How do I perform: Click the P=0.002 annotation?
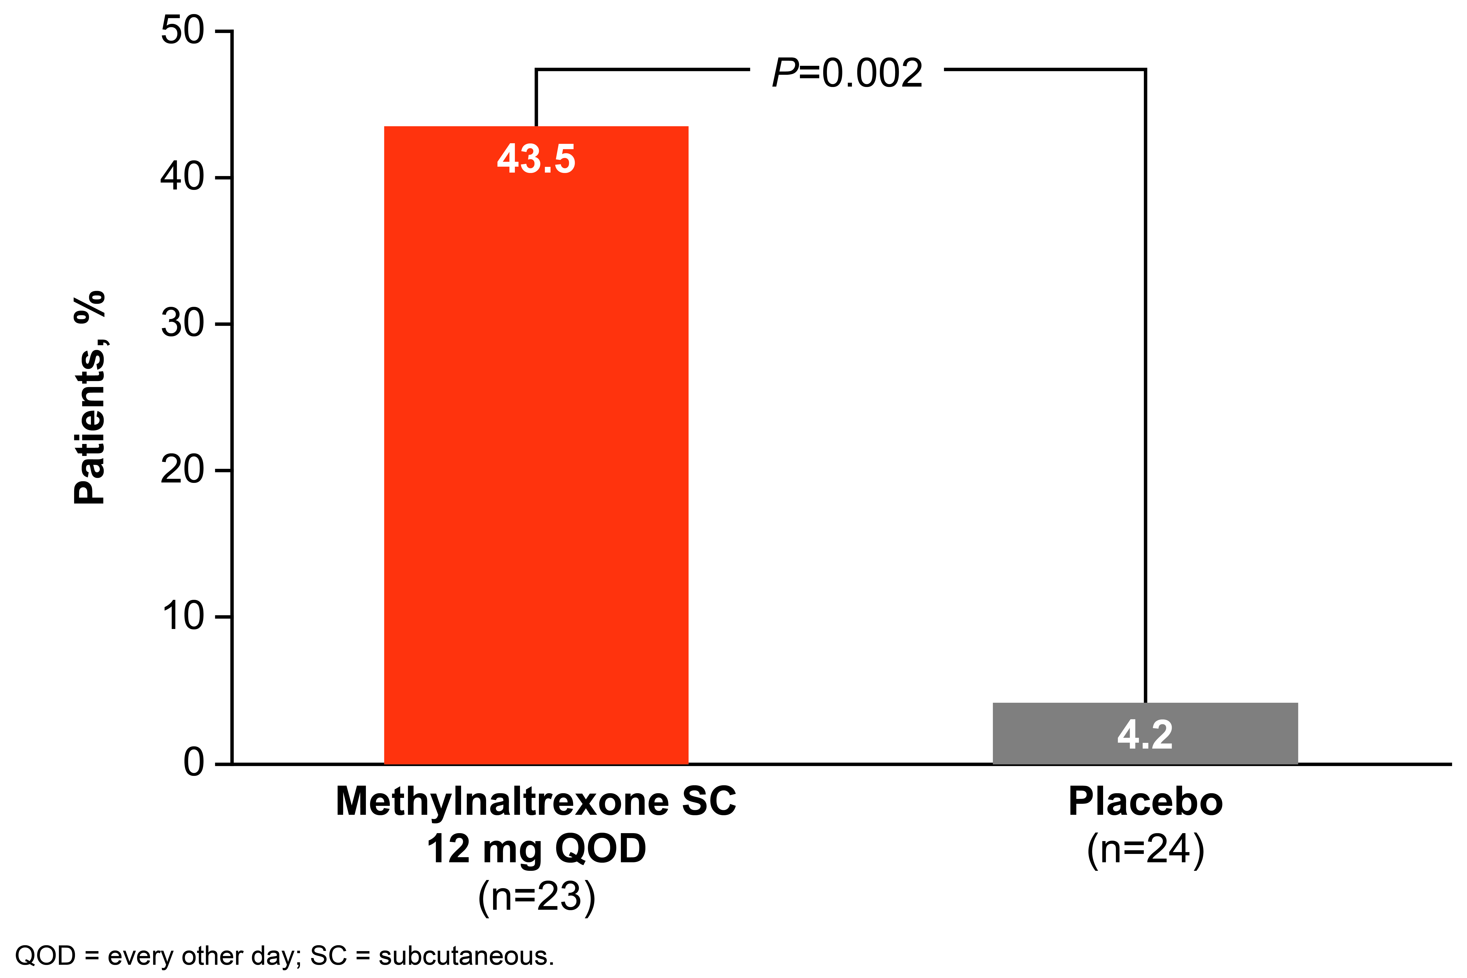coord(847,74)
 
